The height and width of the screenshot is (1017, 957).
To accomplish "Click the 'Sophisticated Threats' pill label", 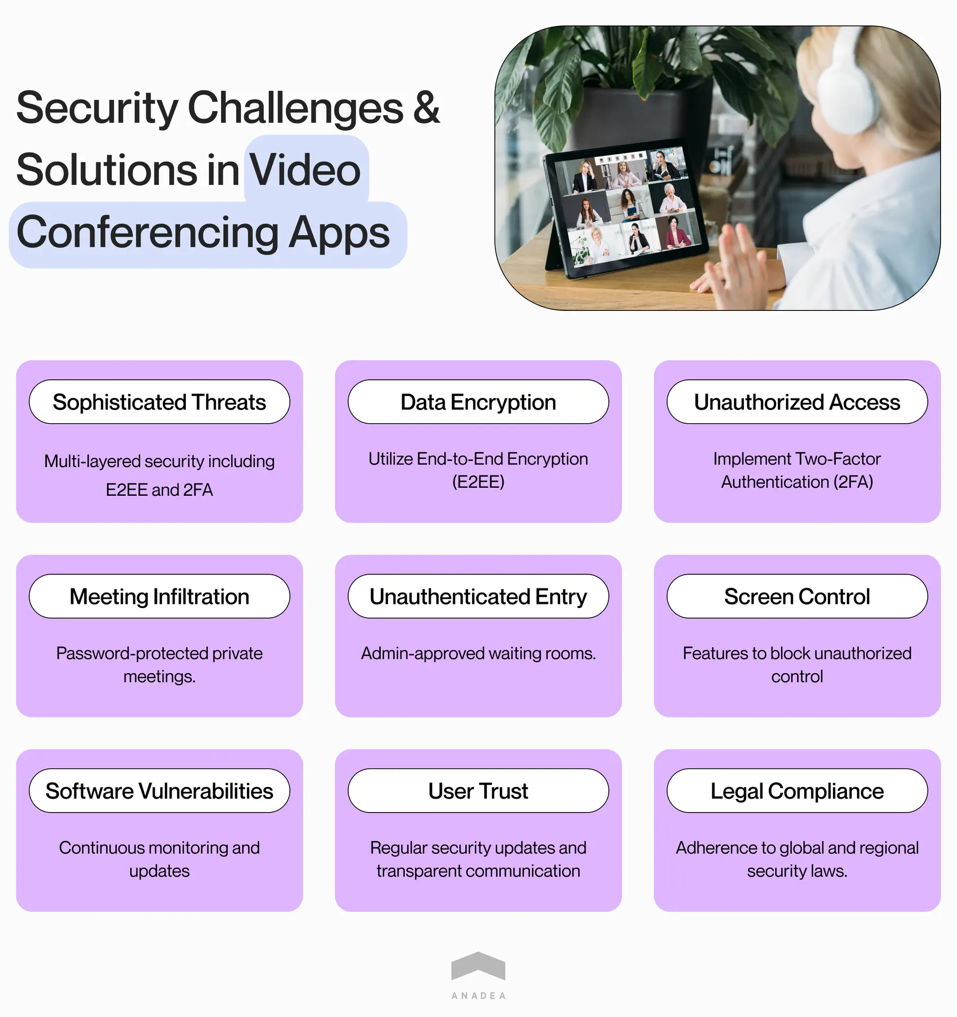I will click(x=159, y=402).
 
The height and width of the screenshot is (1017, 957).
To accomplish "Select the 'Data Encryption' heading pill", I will click(x=478, y=402).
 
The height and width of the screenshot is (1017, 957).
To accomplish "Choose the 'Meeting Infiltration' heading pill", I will click(x=159, y=596).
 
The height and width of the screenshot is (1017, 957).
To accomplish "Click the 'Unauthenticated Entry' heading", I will click(x=478, y=596).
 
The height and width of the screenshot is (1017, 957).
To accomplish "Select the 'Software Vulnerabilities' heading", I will click(x=159, y=791).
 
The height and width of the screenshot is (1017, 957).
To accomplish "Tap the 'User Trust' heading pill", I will click(x=478, y=791).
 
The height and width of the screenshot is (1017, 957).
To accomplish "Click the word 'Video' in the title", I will click(x=305, y=170).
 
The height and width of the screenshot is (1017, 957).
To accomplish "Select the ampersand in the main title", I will click(x=427, y=108).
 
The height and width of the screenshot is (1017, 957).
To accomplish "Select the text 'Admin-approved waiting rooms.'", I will click(x=478, y=653).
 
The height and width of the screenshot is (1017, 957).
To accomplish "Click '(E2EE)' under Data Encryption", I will click(x=478, y=482).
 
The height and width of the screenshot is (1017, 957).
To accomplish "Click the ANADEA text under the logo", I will click(x=478, y=996).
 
